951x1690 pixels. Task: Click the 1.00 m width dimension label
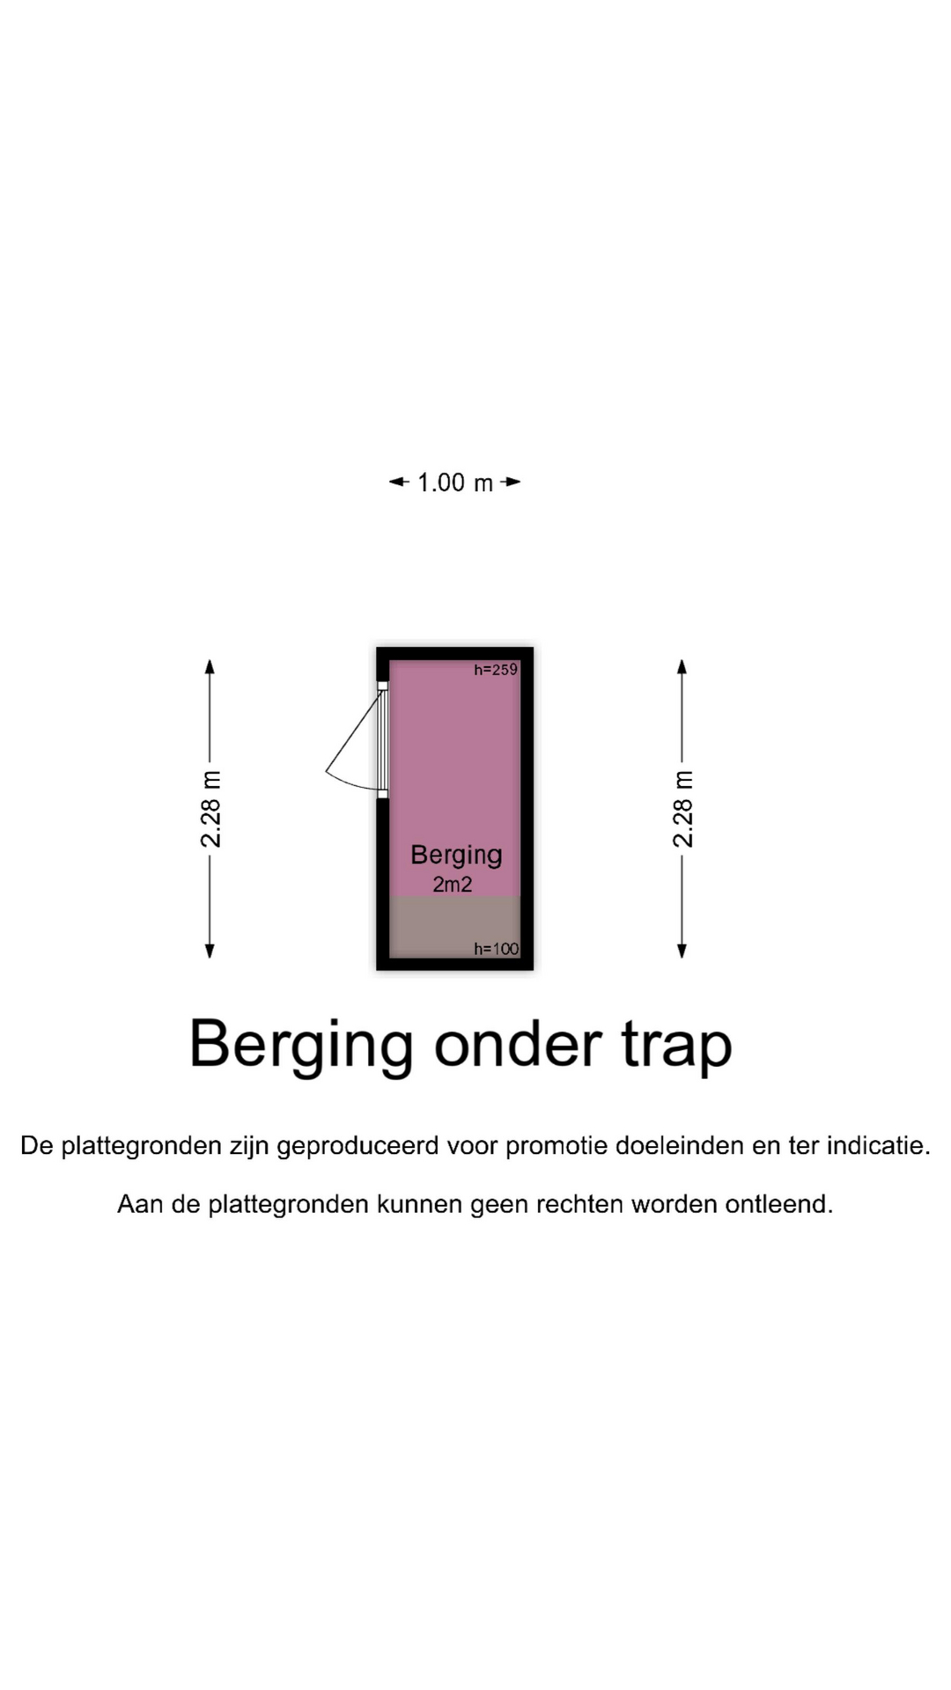tap(454, 482)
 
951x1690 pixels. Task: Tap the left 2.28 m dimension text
tap(211, 809)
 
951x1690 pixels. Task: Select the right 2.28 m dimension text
tap(683, 809)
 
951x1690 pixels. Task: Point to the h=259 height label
tap(496, 670)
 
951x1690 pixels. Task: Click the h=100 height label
tap(496, 949)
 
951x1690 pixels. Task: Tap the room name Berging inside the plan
tap(456, 856)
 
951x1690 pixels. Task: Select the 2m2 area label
tap(453, 885)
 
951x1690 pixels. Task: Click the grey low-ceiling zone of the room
tap(454, 926)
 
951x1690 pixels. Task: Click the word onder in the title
tap(519, 1045)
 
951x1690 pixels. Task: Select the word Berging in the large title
tap(301, 1047)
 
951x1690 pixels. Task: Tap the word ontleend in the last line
tap(779, 1204)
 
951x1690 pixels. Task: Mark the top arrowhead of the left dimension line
tap(210, 666)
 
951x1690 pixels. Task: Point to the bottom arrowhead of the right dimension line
tap(682, 951)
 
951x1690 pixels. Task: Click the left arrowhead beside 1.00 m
tap(397, 481)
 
